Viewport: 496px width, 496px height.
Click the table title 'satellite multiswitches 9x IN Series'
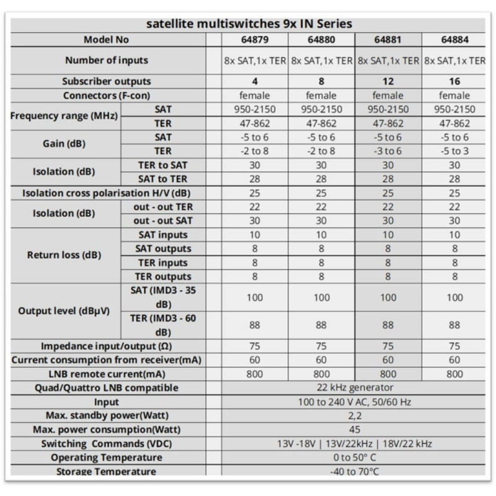click(249, 24)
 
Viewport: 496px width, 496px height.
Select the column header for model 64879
click(255, 40)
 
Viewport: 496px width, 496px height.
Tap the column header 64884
click(454, 40)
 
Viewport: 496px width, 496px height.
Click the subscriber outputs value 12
click(388, 82)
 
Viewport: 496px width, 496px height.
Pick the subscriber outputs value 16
click(454, 82)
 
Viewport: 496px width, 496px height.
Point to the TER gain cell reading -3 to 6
click(388, 151)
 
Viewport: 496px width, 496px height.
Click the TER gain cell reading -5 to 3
click(454, 151)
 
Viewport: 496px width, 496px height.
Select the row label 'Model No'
click(106, 40)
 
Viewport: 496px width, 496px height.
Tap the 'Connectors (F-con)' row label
click(107, 95)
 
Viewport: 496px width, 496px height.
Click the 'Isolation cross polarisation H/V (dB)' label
click(106, 193)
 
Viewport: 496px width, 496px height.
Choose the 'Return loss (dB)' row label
click(64, 255)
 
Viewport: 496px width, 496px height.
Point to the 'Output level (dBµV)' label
click(64, 311)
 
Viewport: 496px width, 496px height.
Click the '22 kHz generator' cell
click(355, 387)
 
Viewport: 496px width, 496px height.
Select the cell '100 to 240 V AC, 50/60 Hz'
click(355, 402)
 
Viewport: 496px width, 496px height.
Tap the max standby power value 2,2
click(355, 416)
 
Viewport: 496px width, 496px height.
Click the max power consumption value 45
click(355, 430)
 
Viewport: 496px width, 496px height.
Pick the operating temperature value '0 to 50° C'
click(355, 458)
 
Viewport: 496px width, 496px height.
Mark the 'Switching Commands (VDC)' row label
click(107, 444)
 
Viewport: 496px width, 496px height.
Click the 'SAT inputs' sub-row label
click(163, 235)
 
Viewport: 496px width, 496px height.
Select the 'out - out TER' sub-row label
click(163, 207)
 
